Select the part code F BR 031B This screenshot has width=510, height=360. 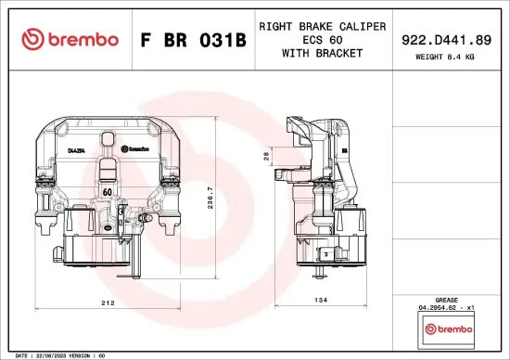[x=193, y=40]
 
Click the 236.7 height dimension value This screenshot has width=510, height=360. [x=210, y=199]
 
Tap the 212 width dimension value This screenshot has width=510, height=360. [x=108, y=303]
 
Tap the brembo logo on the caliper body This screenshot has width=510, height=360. [x=136, y=148]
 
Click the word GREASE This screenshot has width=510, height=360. [x=448, y=299]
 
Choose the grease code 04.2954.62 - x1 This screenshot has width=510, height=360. [x=448, y=307]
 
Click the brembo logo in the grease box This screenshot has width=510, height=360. [x=448, y=329]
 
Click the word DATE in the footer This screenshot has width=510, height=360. [x=13, y=355]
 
